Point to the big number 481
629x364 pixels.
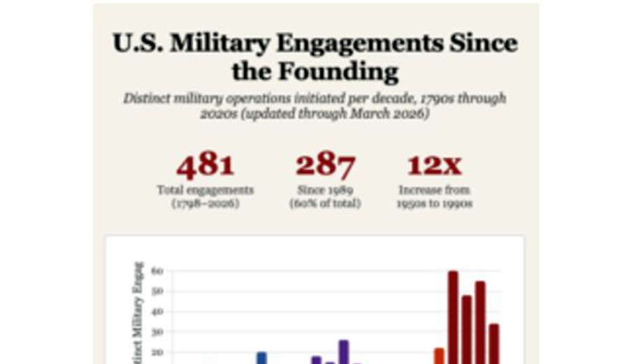(x=205, y=165)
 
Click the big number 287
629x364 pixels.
(x=325, y=165)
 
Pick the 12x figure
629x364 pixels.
(x=434, y=165)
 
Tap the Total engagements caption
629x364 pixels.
(x=205, y=190)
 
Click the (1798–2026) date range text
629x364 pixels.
(x=205, y=203)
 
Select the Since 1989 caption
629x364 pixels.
(x=325, y=190)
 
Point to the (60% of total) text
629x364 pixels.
(x=325, y=203)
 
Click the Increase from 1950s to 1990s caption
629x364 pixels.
(x=434, y=197)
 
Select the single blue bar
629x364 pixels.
(x=261, y=358)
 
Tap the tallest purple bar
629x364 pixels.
(x=343, y=352)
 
